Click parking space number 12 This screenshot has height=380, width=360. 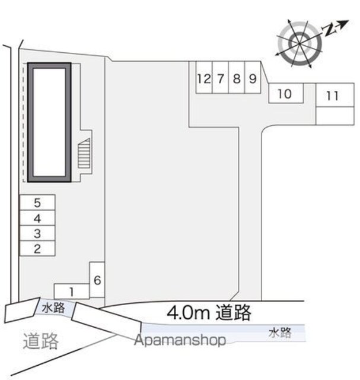(x=204, y=77)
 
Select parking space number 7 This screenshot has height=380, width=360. (x=220, y=77)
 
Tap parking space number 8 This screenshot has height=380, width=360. (x=237, y=77)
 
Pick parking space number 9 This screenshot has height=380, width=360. (x=253, y=77)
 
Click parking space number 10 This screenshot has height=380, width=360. (x=286, y=93)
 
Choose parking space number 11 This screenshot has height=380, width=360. (x=335, y=95)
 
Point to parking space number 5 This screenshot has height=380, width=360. (x=37, y=202)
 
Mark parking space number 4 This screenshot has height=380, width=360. (x=37, y=218)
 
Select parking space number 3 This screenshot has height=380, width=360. (x=37, y=233)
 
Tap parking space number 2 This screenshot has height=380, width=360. (x=37, y=248)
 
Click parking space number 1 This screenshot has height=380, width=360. (x=72, y=292)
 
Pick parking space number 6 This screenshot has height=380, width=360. (x=97, y=280)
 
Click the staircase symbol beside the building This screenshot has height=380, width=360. (x=84, y=153)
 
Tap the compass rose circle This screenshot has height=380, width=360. (x=300, y=44)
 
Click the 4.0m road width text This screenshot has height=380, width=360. (x=209, y=312)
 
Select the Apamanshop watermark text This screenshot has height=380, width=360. (x=180, y=340)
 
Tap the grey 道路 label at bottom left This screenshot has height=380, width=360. (x=41, y=341)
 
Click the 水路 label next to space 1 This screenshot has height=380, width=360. (x=53, y=308)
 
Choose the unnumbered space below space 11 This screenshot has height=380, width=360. (x=335, y=116)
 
